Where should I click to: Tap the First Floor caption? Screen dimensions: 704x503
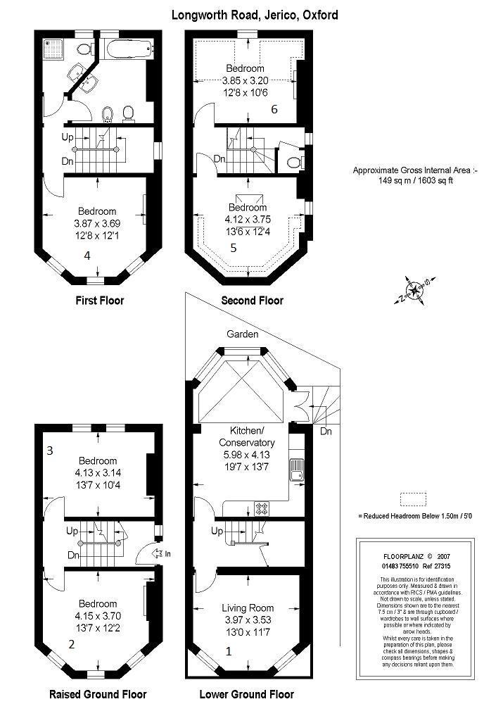pyautogui.click(x=99, y=301)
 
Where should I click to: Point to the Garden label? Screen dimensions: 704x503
pyautogui.click(x=243, y=334)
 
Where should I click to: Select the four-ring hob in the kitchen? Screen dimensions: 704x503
pyautogui.click(x=262, y=508)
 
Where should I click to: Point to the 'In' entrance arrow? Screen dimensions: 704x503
pyautogui.click(x=163, y=554)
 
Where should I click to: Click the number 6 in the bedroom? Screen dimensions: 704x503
pyautogui.click(x=274, y=109)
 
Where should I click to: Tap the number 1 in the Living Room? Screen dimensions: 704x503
pyautogui.click(x=227, y=651)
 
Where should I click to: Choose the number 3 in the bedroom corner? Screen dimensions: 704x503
pyautogui.click(x=51, y=450)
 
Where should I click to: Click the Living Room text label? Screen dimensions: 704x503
pyautogui.click(x=248, y=608)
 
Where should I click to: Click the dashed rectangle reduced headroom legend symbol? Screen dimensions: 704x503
pyautogui.click(x=413, y=499)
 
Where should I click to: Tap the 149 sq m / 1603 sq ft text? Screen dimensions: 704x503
pyautogui.click(x=414, y=180)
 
